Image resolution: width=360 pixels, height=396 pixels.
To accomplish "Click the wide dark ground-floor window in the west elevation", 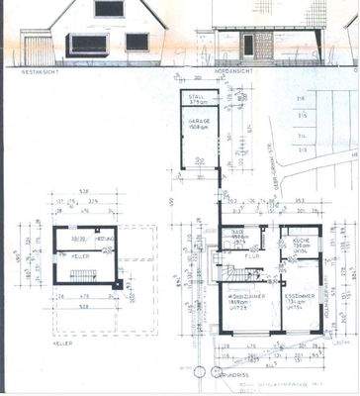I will [x=85, y=45].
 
